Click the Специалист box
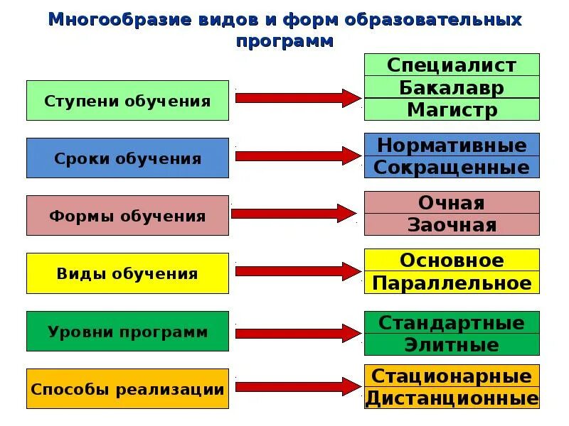(452, 65)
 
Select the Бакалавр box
(452, 87)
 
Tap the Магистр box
(452, 109)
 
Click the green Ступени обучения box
(128, 101)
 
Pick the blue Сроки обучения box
(128, 158)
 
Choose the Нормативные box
(452, 145)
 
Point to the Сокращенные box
(452, 167)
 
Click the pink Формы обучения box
(128, 216)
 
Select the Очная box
(452, 202)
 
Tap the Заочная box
(452, 224)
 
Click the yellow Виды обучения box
(128, 273)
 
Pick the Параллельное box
(452, 283)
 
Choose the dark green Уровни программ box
(128, 332)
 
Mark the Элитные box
(452, 345)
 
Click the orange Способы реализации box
(128, 389)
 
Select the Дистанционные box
(452, 398)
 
